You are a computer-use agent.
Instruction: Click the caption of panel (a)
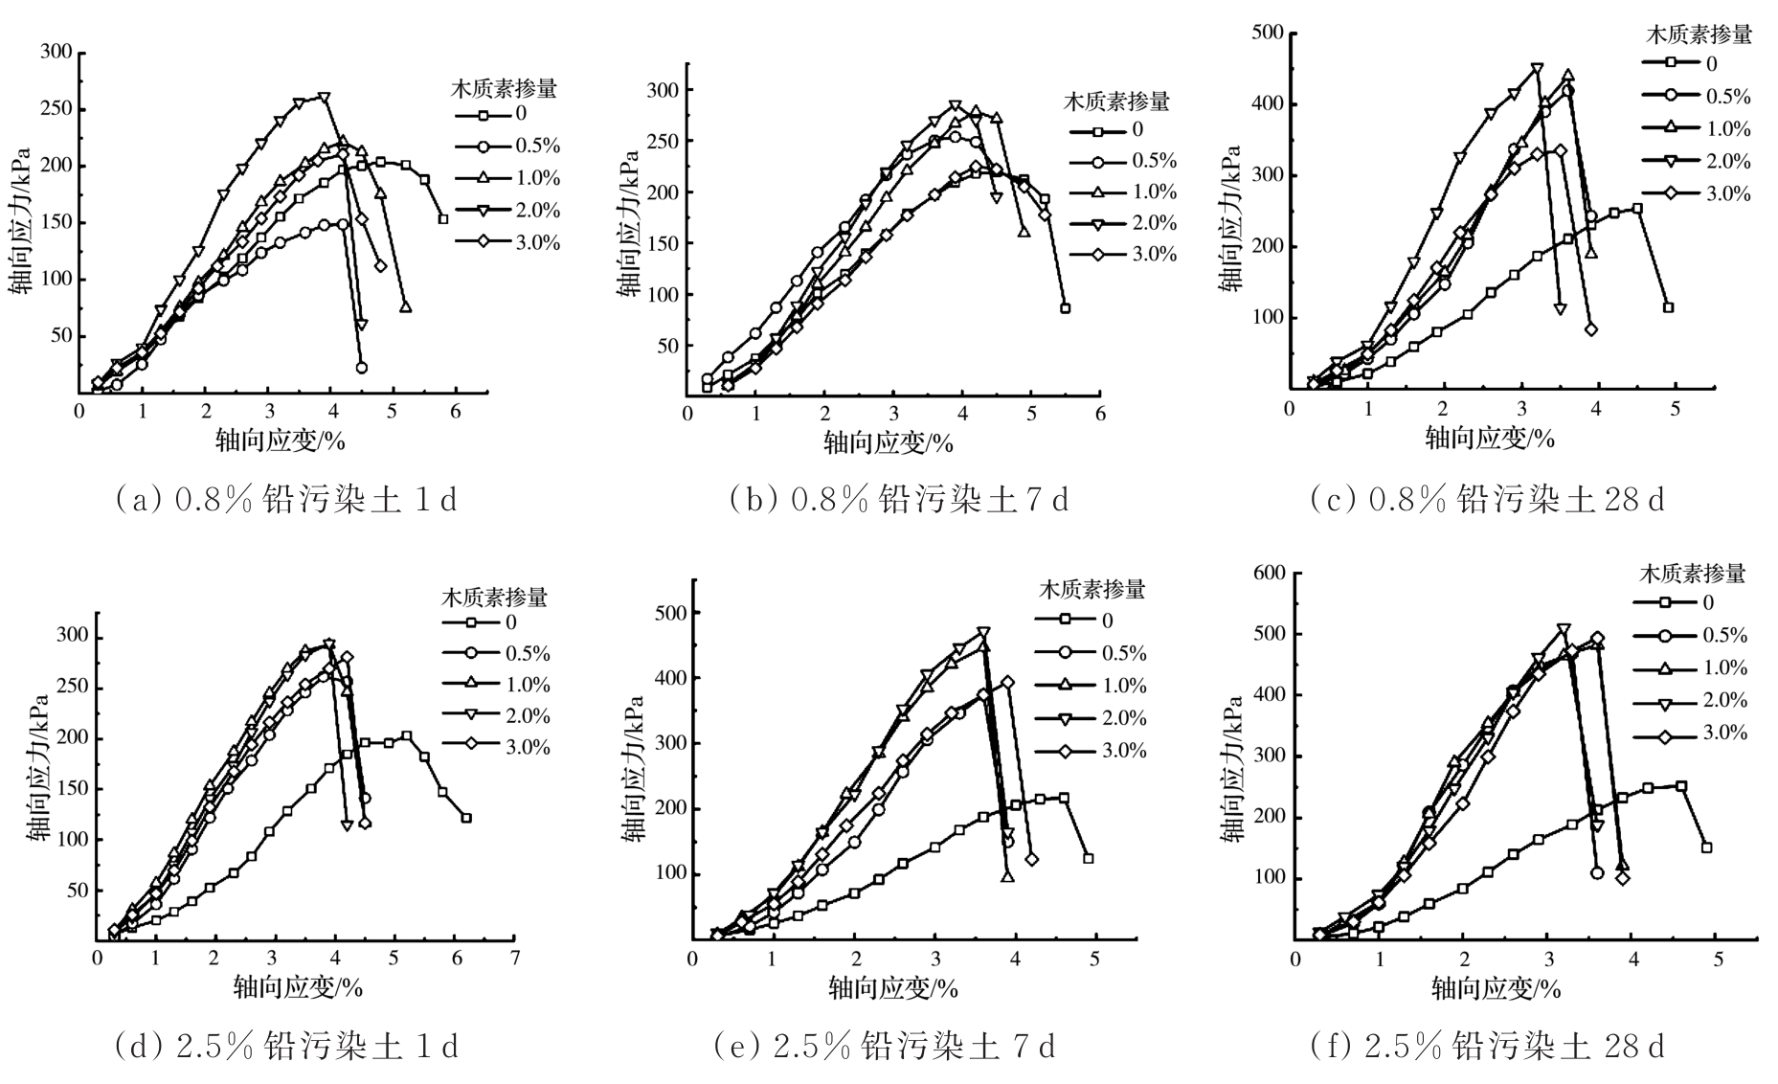click(285, 499)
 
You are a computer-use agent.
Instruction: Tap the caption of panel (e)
click(885, 1046)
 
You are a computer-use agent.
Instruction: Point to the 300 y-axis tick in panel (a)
click(56, 52)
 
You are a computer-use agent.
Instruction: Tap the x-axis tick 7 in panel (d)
click(515, 958)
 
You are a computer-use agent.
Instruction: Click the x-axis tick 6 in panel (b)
click(1100, 413)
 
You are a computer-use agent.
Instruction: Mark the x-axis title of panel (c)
click(1490, 438)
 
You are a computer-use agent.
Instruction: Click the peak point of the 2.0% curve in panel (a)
click(325, 98)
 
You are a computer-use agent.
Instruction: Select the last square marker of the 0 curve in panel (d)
click(466, 818)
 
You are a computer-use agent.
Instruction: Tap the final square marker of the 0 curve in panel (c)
click(1668, 307)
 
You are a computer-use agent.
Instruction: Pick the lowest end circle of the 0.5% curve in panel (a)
click(361, 368)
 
